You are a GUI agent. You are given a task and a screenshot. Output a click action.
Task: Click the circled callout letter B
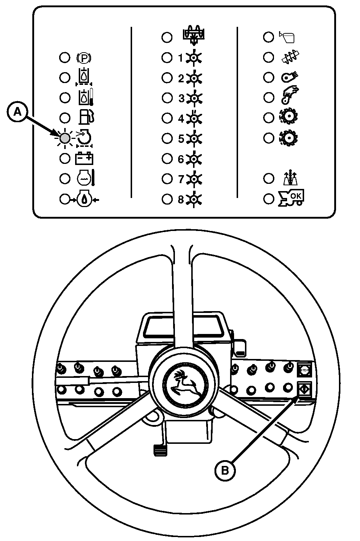(225, 470)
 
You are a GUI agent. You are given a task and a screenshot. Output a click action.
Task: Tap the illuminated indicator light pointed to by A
(65, 138)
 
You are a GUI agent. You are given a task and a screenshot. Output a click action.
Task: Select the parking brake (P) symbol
(84, 58)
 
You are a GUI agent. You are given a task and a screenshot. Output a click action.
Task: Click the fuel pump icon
(87, 117)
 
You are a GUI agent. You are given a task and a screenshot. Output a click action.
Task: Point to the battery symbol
(84, 158)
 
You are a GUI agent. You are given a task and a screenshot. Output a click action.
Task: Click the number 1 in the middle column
(181, 58)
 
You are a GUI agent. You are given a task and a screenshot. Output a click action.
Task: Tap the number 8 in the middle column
(181, 199)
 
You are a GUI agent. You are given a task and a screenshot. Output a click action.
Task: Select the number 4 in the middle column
(181, 119)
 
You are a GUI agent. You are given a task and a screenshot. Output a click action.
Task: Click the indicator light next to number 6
(167, 158)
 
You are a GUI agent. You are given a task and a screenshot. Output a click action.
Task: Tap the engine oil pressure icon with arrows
(84, 199)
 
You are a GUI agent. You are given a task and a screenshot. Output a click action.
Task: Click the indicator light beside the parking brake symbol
(65, 58)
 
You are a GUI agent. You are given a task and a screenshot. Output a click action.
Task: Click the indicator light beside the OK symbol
(269, 199)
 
